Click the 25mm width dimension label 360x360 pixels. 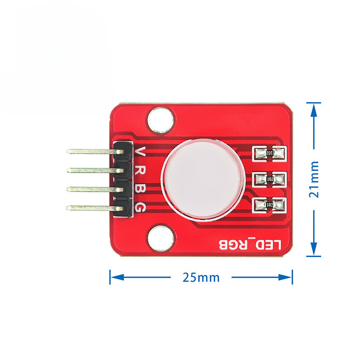click(201, 277)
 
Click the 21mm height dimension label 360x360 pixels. click(314, 179)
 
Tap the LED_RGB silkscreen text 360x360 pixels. click(250, 245)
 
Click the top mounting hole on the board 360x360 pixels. click(161, 120)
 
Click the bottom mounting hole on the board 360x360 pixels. click(161, 238)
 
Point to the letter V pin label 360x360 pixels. click(140, 152)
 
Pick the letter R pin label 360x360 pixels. click(140, 171)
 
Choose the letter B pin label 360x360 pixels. click(140, 189)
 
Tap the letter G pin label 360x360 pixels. click(140, 208)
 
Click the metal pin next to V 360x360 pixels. click(95, 152)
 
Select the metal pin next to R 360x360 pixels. click(95, 171)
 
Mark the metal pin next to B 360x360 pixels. click(95, 189)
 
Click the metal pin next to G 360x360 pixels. click(95, 208)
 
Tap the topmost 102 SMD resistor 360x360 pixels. click(270, 153)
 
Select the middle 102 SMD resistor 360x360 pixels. click(270, 179)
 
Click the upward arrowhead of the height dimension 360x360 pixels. click(314, 109)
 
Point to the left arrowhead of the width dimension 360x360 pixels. click(117, 277)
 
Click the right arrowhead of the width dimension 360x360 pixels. click(285, 277)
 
